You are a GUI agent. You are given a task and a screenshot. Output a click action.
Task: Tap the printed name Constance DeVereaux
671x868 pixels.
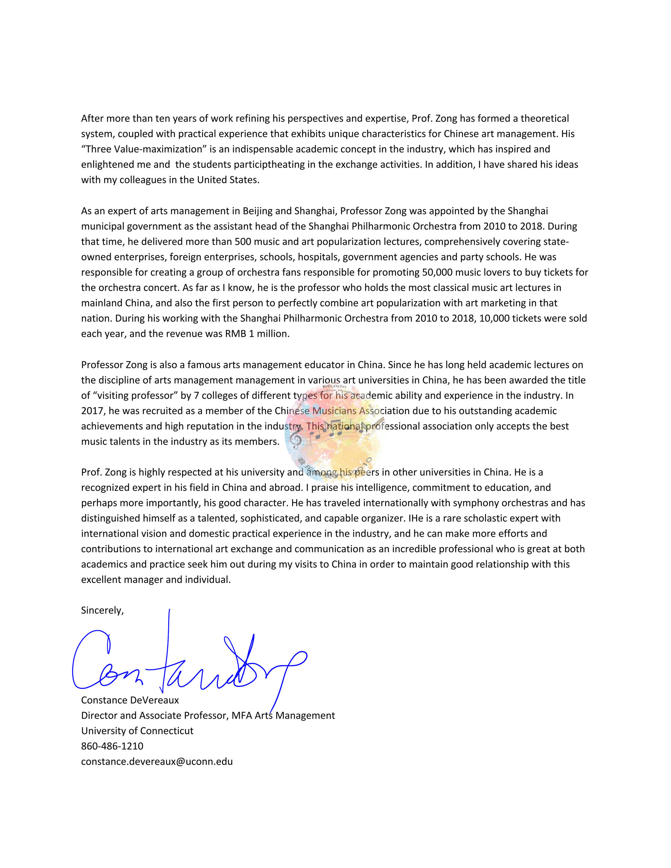click(130, 700)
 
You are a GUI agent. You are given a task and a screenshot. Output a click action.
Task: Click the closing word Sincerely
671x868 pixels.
click(102, 610)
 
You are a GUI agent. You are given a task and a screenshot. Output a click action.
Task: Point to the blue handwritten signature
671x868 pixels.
click(187, 664)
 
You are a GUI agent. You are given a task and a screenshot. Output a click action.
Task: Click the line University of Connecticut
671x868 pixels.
click(137, 731)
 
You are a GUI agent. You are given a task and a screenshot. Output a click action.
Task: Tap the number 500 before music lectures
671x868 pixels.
click(243, 242)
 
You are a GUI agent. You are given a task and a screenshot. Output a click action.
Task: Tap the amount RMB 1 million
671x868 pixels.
click(257, 334)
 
